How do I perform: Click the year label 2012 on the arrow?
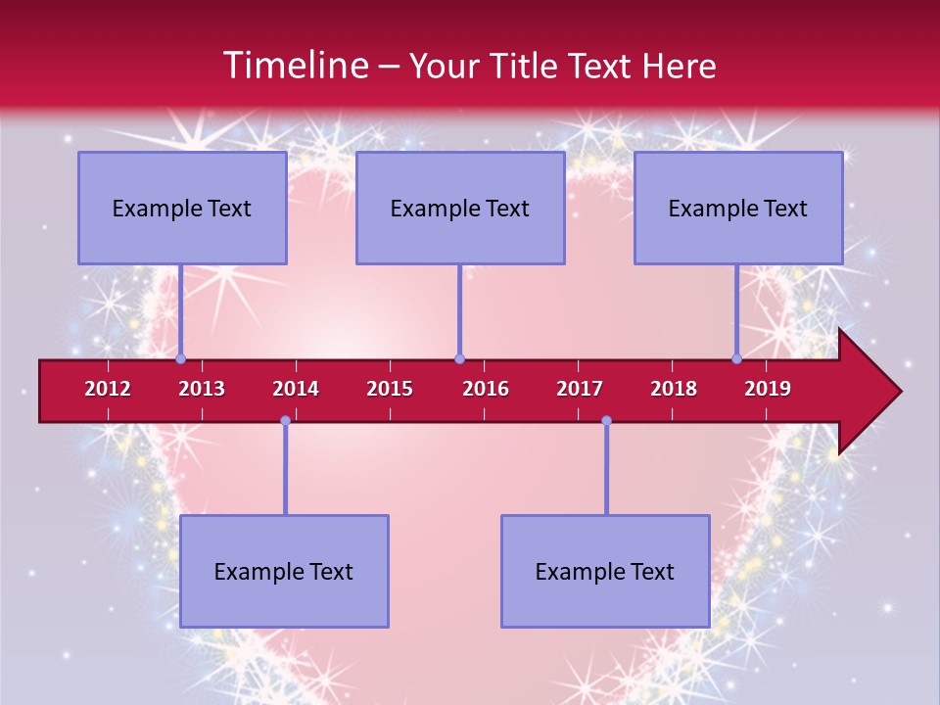coord(108,389)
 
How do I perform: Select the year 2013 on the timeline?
coord(202,389)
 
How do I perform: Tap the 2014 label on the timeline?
coord(296,389)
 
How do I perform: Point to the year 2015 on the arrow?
coord(390,389)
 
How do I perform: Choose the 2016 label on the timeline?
coord(486,389)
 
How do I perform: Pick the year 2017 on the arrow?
coord(580,389)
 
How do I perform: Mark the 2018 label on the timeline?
coord(674,389)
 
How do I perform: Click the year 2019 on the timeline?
coord(768,389)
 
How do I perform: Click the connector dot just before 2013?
coord(181,359)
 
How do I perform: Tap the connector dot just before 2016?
coord(459,359)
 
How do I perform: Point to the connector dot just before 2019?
coord(737,359)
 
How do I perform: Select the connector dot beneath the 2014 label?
coord(285,421)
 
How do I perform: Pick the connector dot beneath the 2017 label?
coord(606,421)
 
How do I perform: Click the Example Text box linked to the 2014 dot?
coord(284,571)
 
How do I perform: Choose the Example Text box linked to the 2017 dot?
coord(605,571)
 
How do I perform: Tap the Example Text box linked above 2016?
coord(460,208)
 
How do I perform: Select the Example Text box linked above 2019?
coord(738,208)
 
